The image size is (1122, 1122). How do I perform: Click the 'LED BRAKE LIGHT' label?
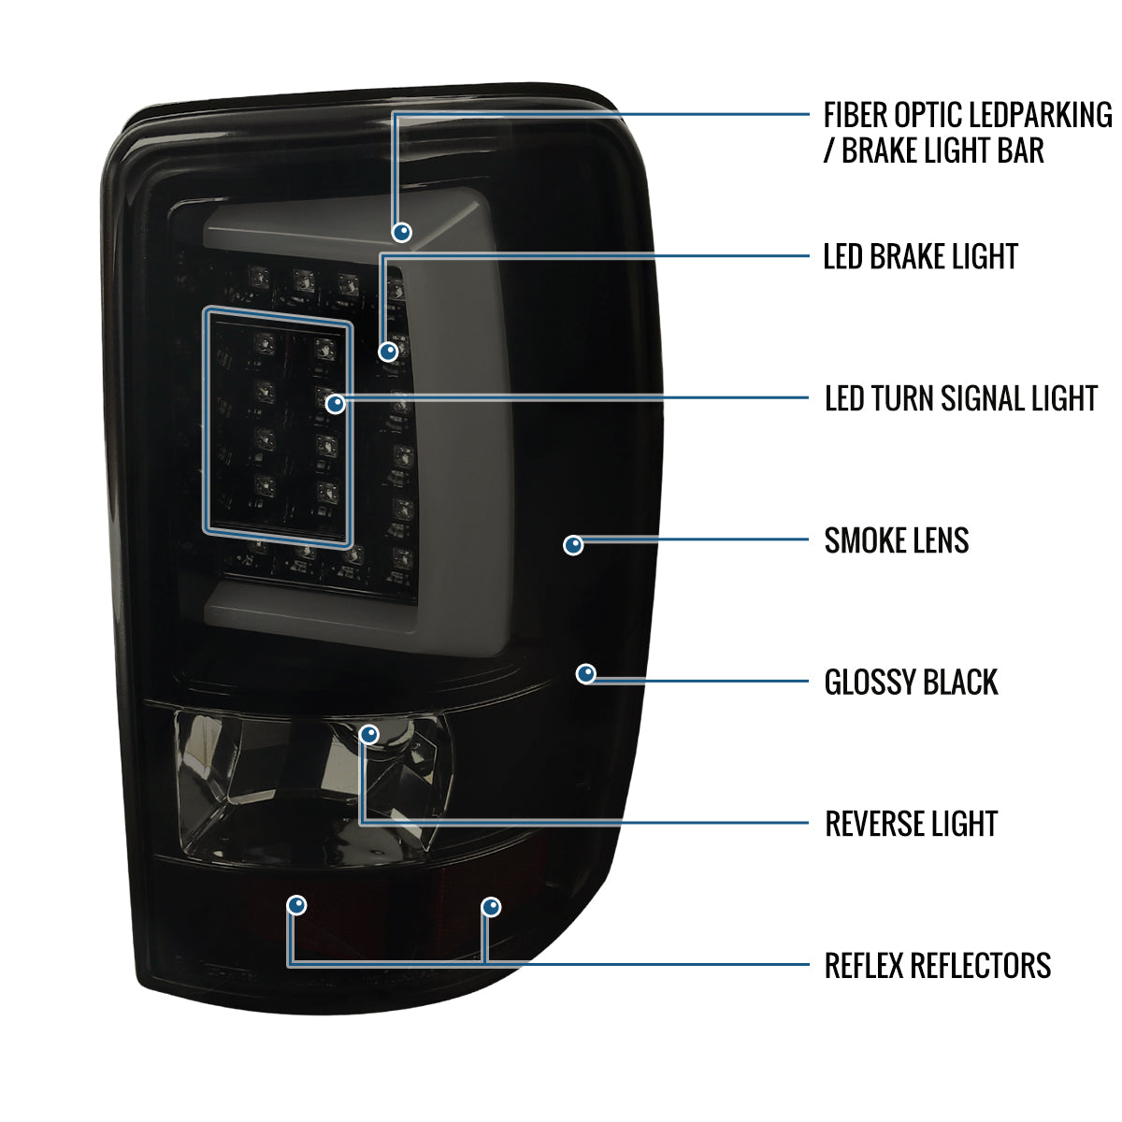point(920,256)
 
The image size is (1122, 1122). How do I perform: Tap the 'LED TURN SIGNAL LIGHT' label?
point(960,398)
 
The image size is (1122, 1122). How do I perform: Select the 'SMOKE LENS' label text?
point(896,540)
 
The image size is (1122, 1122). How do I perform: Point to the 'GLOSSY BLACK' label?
point(911,683)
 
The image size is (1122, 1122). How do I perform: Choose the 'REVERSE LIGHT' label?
point(911,824)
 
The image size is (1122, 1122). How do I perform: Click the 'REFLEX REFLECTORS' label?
point(937,965)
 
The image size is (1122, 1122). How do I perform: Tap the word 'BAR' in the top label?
point(1021,151)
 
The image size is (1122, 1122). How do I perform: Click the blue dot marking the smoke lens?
point(573,544)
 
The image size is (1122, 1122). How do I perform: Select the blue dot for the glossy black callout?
point(586,673)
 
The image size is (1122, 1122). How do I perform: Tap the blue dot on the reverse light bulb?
point(370,733)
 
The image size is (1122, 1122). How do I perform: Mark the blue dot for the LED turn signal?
point(336,404)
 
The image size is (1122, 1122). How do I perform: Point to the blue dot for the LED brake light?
point(388,352)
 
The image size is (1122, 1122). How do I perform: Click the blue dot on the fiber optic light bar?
point(403,232)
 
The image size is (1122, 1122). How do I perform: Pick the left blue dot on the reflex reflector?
point(296,905)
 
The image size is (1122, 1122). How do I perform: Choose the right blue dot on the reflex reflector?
point(491,907)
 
